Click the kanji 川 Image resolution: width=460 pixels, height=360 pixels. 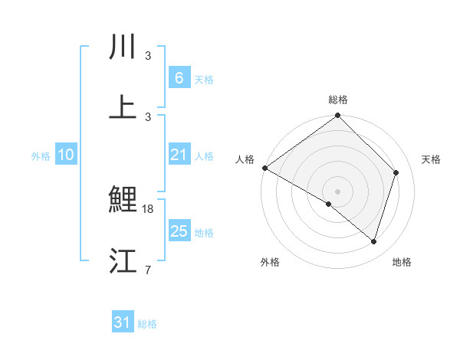(123, 47)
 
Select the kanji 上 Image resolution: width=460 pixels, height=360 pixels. (123, 107)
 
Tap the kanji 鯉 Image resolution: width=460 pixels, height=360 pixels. (123, 201)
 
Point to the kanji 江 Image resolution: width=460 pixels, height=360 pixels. (123, 260)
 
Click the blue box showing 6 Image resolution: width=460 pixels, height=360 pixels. (179, 77)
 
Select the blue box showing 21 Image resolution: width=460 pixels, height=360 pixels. (179, 155)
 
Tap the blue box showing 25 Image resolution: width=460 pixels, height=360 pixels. (179, 231)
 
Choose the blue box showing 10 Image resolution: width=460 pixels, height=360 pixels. (66, 155)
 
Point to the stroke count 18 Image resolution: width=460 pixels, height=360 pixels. (148, 209)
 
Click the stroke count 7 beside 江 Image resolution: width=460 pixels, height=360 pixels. (147, 270)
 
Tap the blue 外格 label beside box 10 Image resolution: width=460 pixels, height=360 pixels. (41, 155)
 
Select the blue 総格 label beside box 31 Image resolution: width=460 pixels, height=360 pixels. (147, 324)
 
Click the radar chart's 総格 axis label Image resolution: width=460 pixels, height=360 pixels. (337, 100)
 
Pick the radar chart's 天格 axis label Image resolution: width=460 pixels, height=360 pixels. (432, 159)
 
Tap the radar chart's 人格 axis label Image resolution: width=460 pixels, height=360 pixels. (245, 159)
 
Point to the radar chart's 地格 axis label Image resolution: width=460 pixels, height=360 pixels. (402, 262)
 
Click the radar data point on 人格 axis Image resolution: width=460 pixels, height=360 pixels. (264, 168)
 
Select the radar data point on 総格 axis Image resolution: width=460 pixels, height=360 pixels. (337, 116)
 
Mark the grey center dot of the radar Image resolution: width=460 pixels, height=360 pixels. (337, 191)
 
